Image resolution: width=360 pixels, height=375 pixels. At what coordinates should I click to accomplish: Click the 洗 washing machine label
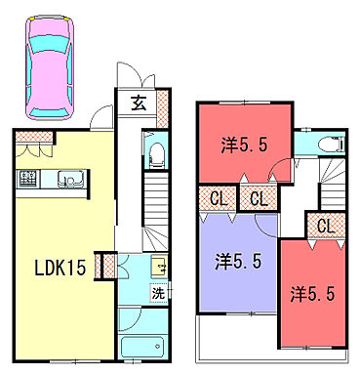pos(156,291)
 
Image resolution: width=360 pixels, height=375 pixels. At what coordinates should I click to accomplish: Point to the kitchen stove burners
pos(27,180)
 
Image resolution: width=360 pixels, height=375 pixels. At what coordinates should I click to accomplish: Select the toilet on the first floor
pos(155,153)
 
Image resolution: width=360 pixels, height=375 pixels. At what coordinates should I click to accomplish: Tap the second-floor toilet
pos(332,145)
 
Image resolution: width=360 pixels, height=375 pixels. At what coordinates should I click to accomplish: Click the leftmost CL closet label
pos(220,198)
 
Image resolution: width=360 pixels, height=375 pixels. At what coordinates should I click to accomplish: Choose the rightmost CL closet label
pos(327,226)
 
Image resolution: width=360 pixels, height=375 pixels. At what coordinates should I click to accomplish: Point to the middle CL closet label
pos(259,198)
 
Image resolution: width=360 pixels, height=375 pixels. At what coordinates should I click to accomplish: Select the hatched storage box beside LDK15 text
pos(108,264)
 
